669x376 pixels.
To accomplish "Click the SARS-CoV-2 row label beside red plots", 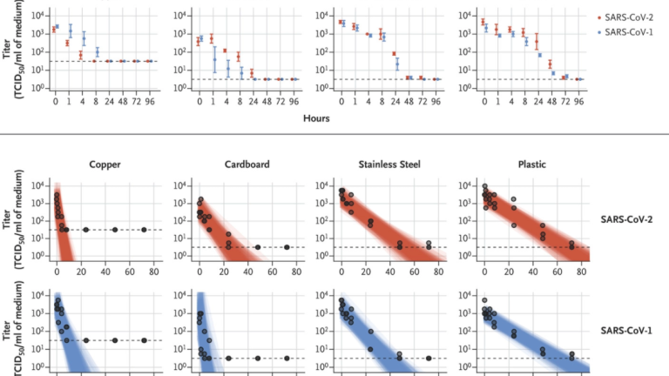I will [x=625, y=221].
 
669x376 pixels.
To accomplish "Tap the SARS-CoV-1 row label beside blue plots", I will [x=625, y=332].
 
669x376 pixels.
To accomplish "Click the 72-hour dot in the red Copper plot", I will [x=144, y=230].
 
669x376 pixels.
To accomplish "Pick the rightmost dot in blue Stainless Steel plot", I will [x=429, y=358].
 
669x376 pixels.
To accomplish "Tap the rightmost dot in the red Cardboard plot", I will [x=287, y=247].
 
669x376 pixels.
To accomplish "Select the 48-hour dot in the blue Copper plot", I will [x=115, y=340].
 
